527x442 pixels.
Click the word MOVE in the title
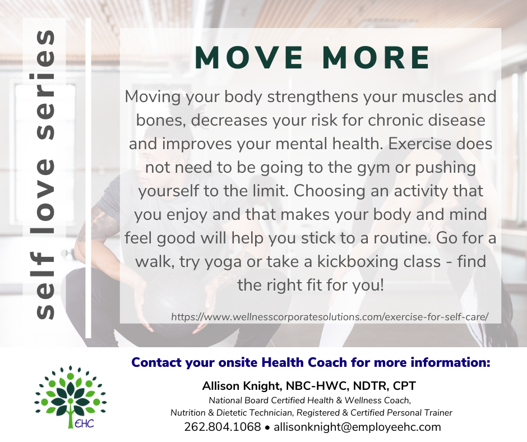point(249,58)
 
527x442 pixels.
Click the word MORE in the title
point(376,58)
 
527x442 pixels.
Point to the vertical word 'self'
point(45,286)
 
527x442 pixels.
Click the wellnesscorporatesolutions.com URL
point(330,317)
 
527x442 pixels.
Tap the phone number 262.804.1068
point(223,427)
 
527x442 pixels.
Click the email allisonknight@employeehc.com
point(357,427)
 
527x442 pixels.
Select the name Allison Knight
point(242,386)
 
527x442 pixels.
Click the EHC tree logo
point(71,397)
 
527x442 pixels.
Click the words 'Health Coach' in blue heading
point(304,362)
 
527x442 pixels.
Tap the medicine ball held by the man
point(168,305)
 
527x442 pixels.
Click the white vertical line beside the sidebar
point(89,178)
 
